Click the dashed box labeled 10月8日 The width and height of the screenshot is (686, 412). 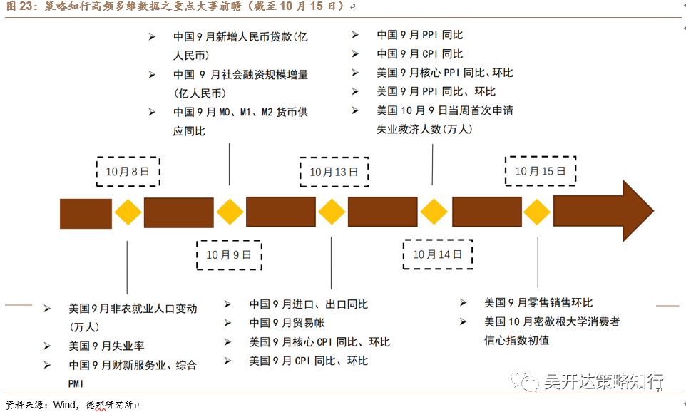tap(128, 171)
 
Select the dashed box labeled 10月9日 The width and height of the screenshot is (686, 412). tap(229, 254)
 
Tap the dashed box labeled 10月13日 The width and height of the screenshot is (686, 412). tap(333, 172)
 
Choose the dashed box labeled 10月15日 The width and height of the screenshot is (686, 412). tap(540, 171)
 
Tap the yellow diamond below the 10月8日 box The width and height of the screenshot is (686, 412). tap(128, 212)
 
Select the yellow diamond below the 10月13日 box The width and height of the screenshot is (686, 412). tap(332, 212)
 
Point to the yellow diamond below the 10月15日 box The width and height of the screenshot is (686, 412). tap(536, 212)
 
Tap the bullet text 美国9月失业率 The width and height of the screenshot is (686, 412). tap(106, 346)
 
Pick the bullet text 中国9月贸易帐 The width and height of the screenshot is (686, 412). tap(287, 323)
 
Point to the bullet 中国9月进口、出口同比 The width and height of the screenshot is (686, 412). tap(308, 304)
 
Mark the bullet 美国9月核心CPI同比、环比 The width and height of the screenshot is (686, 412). tap(319, 342)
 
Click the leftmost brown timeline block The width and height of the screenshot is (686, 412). tap(86, 213)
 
